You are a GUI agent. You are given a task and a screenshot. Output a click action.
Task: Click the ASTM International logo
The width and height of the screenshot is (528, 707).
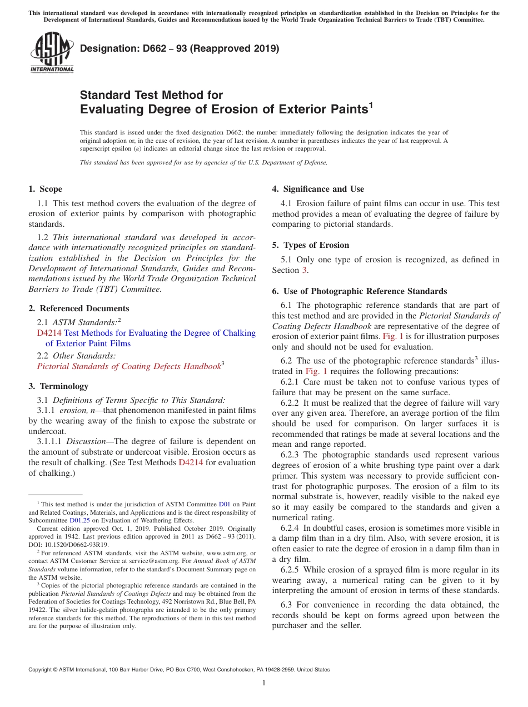pos(52,52)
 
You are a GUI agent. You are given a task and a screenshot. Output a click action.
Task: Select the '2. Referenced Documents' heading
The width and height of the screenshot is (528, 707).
pos(78,308)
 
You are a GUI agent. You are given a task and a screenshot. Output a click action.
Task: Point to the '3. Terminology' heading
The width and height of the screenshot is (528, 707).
pos(58,386)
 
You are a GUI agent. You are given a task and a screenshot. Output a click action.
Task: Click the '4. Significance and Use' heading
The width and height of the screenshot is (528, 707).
pos(318,189)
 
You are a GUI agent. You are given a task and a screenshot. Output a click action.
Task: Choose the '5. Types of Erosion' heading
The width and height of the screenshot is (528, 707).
pos(310,245)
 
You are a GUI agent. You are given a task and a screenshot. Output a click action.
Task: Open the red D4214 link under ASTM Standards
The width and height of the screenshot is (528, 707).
pos(49,333)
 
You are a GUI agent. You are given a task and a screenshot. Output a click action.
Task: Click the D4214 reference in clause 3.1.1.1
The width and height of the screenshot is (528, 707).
pos(190,462)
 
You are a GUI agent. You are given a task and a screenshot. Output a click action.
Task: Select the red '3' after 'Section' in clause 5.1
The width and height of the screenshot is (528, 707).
pos(304,270)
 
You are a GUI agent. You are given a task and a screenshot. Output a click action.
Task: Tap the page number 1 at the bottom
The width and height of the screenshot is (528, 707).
pos(264,683)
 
